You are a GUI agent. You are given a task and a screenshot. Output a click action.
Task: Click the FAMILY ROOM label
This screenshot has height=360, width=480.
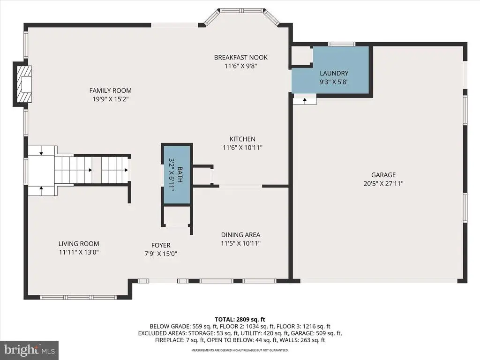(111, 90)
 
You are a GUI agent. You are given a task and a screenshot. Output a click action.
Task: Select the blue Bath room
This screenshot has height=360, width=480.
(177, 175)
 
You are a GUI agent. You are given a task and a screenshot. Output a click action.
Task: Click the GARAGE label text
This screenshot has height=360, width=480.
(383, 175)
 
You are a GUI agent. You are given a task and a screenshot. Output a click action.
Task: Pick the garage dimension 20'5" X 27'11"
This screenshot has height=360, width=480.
(383, 184)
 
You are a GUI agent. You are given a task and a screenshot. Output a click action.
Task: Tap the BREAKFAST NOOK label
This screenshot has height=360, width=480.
(240, 57)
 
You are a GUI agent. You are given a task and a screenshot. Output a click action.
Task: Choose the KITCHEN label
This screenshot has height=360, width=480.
(242, 139)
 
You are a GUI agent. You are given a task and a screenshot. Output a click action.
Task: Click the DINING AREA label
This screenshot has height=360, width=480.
(240, 235)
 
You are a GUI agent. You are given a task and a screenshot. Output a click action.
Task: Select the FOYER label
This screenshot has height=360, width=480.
(161, 245)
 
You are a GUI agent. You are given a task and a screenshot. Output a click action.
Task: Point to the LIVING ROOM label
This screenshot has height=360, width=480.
(79, 244)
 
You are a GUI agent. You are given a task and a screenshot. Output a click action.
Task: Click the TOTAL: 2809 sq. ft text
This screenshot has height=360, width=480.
(240, 320)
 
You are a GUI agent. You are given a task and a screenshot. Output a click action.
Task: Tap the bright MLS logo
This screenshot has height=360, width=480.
(30, 350)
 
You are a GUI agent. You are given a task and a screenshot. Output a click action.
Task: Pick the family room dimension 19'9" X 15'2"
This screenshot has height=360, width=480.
(111, 99)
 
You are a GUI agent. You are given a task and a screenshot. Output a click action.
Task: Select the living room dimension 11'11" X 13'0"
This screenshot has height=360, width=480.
(79, 253)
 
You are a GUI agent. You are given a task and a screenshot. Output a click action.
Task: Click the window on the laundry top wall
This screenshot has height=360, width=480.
(342, 44)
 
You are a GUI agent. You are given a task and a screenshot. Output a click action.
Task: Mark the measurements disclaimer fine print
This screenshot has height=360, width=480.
(240, 350)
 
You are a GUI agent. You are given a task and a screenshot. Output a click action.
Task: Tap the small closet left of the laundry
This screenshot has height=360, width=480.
(301, 56)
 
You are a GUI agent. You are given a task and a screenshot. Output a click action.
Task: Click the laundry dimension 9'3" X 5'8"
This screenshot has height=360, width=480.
(334, 82)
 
